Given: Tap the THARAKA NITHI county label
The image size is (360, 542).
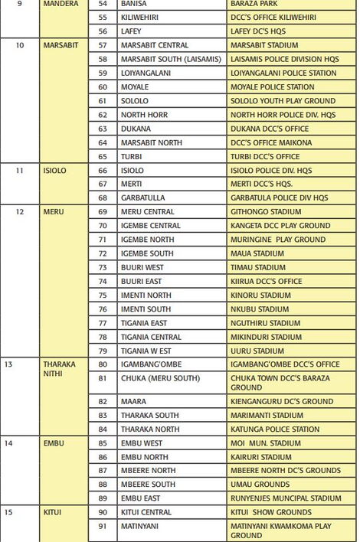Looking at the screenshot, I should (59, 370).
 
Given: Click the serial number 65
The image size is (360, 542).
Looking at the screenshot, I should (103, 156).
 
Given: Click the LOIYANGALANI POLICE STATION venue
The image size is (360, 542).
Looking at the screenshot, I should (283, 73).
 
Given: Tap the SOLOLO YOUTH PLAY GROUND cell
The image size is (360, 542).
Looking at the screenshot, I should (283, 101).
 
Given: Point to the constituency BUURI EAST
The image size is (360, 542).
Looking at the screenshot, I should (142, 282).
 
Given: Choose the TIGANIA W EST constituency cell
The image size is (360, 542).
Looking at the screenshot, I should (147, 351).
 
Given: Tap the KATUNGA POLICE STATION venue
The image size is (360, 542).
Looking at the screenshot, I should (274, 429).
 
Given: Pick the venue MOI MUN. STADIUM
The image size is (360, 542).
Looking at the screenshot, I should (265, 443).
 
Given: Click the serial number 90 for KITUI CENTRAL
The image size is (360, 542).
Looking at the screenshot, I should (103, 512).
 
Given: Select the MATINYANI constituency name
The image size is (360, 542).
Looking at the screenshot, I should (141, 526).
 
